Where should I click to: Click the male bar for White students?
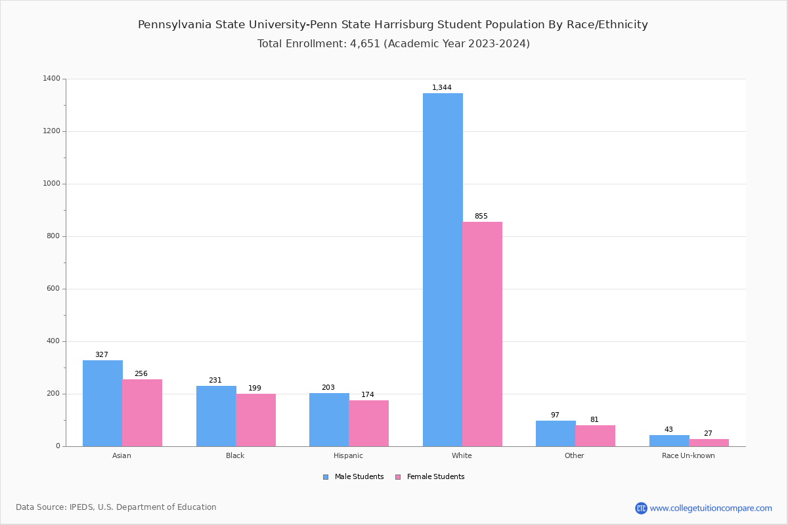coord(443,269)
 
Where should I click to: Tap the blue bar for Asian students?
coord(102,403)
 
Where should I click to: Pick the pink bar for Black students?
coord(255,420)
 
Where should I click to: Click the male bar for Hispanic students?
coord(329,419)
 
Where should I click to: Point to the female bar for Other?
coord(595,436)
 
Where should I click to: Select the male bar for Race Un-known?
coord(669,440)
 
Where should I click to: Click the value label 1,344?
coord(441,88)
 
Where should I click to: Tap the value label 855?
coord(481,217)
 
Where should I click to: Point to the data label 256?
coord(141,374)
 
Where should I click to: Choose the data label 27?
coord(708,434)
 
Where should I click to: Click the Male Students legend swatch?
coord(326,477)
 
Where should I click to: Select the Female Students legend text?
coord(435,477)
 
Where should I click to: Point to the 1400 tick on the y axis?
coord(52,79)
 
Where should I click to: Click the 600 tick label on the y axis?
coord(53,289)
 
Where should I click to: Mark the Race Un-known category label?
coord(688,455)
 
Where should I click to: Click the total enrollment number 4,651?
coord(364,44)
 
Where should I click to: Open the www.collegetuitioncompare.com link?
coord(711,508)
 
